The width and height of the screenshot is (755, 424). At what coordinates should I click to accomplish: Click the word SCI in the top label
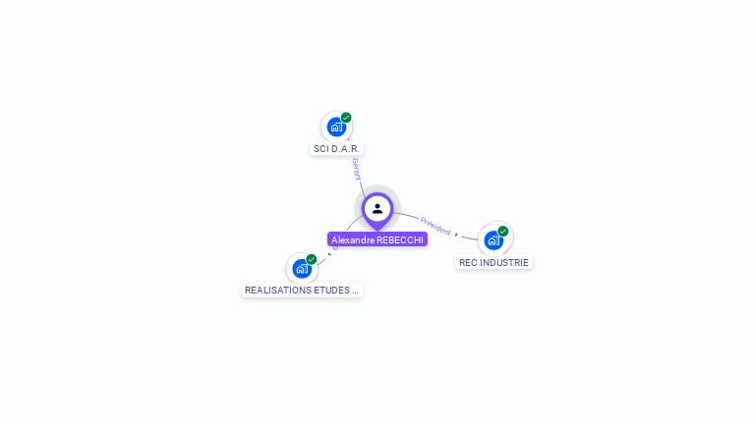tap(320, 149)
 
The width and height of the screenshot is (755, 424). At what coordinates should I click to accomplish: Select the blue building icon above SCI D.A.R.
tap(336, 127)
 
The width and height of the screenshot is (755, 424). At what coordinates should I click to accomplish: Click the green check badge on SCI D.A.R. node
tap(346, 118)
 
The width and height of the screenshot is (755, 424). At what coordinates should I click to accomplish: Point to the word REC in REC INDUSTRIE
tap(469, 263)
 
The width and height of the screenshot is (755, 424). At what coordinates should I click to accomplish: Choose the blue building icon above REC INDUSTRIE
tap(494, 239)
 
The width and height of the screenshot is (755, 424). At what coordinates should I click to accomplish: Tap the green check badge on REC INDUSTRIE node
tap(503, 232)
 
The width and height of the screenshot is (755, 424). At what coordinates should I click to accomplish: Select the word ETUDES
tap(330, 291)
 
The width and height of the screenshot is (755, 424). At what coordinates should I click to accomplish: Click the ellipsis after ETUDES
tap(355, 291)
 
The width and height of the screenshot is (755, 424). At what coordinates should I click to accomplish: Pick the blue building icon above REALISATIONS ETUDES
tap(302, 268)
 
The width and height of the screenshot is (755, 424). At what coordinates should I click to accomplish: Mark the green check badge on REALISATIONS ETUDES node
tap(312, 260)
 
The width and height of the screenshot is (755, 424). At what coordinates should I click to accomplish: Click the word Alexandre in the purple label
tap(352, 239)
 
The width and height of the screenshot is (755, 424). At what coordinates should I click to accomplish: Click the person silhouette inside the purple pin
tap(377, 208)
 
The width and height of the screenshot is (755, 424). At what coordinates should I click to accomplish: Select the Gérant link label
tap(356, 170)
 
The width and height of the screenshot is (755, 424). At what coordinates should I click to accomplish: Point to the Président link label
tap(436, 226)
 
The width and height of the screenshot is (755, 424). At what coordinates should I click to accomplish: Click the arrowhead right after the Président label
tap(457, 235)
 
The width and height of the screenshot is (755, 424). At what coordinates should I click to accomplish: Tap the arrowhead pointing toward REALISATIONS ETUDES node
tap(329, 254)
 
